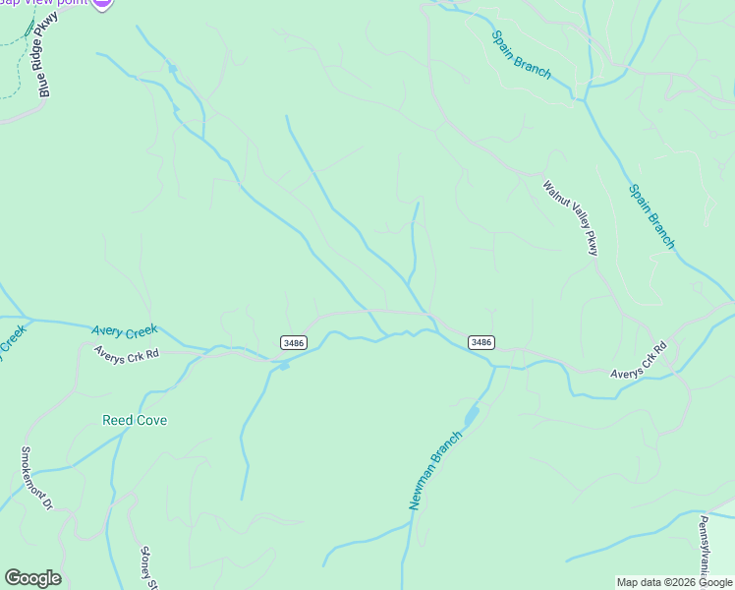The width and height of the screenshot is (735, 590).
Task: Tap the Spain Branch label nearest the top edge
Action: click(521, 54)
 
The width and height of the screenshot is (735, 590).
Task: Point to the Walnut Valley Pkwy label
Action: click(570, 217)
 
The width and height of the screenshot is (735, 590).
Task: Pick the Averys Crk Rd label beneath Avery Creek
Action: click(126, 352)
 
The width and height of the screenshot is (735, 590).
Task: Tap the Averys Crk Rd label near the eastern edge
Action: click(639, 361)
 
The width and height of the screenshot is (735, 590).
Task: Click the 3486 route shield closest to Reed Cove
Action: click(293, 342)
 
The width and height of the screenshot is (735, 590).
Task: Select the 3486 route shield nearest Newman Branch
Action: click(481, 342)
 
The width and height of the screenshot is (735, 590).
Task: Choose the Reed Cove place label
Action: click(135, 420)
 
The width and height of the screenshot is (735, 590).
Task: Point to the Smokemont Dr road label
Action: click(35, 479)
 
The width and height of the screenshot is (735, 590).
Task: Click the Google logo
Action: click(32, 578)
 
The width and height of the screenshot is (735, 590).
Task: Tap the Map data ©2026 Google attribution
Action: click(674, 582)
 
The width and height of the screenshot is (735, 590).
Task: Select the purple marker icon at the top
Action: click(103, 3)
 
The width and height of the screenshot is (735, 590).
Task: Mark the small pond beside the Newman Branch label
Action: click(471, 416)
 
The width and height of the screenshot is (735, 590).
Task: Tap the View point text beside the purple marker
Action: click(59, 4)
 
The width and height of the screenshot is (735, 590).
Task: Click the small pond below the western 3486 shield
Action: click(284, 366)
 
